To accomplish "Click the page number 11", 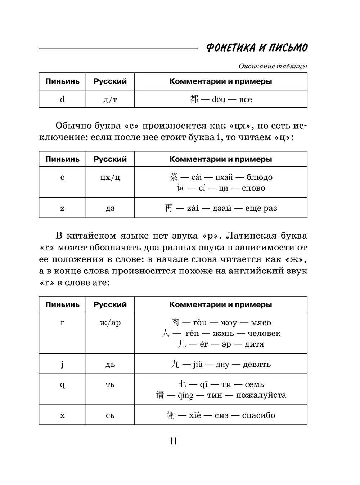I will [173, 441].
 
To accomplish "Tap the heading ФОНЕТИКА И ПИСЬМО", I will [257, 48].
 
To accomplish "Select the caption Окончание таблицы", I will [273, 66].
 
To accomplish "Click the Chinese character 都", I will [194, 99].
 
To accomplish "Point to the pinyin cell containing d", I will [62, 99].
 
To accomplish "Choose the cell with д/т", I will [110, 99].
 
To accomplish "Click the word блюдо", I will [260, 177].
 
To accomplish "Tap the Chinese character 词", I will [181, 188].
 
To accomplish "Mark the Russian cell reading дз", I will [110, 208].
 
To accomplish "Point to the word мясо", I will [261, 323].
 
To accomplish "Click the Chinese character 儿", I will [182, 344].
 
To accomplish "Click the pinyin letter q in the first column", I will [62, 384].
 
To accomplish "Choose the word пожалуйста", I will [261, 395].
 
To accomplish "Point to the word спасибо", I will [258, 415].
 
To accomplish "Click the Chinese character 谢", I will [171, 415].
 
